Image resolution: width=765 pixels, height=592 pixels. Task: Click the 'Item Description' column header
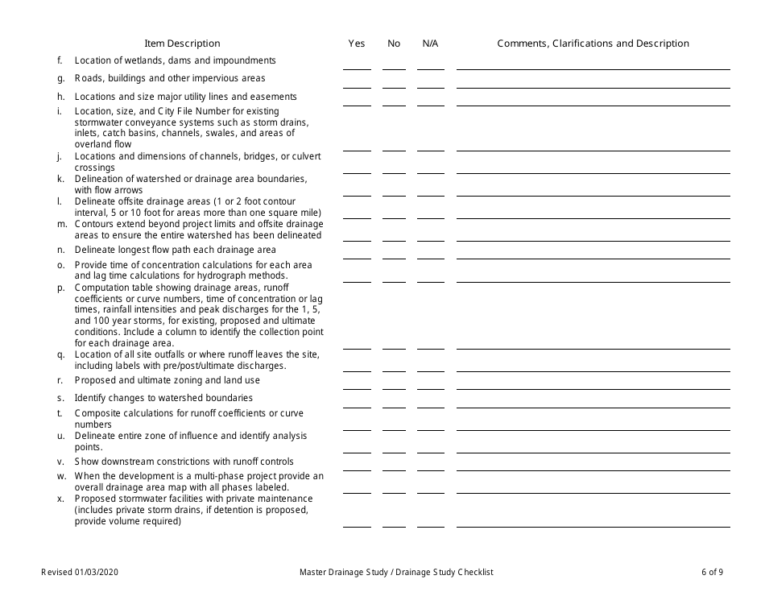click(182, 43)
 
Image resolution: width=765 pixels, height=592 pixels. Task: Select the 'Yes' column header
click(357, 43)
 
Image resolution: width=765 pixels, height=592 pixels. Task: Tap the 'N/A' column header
click(430, 43)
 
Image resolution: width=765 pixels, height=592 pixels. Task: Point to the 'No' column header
click(394, 43)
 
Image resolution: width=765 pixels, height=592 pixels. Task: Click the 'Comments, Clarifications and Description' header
click(593, 43)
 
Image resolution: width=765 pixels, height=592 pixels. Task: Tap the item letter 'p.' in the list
click(61, 288)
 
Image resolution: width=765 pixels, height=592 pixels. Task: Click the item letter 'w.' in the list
click(61, 476)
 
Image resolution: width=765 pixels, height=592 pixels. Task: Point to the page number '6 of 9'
click(712, 573)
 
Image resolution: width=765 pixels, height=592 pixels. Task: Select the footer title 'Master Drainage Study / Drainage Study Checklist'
click(396, 573)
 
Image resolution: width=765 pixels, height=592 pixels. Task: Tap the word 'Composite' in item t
click(97, 413)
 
